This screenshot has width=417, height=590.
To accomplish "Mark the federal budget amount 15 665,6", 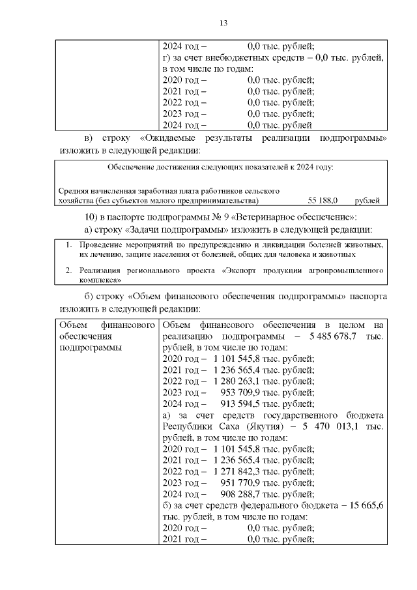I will pyautogui.click(x=367, y=505).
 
